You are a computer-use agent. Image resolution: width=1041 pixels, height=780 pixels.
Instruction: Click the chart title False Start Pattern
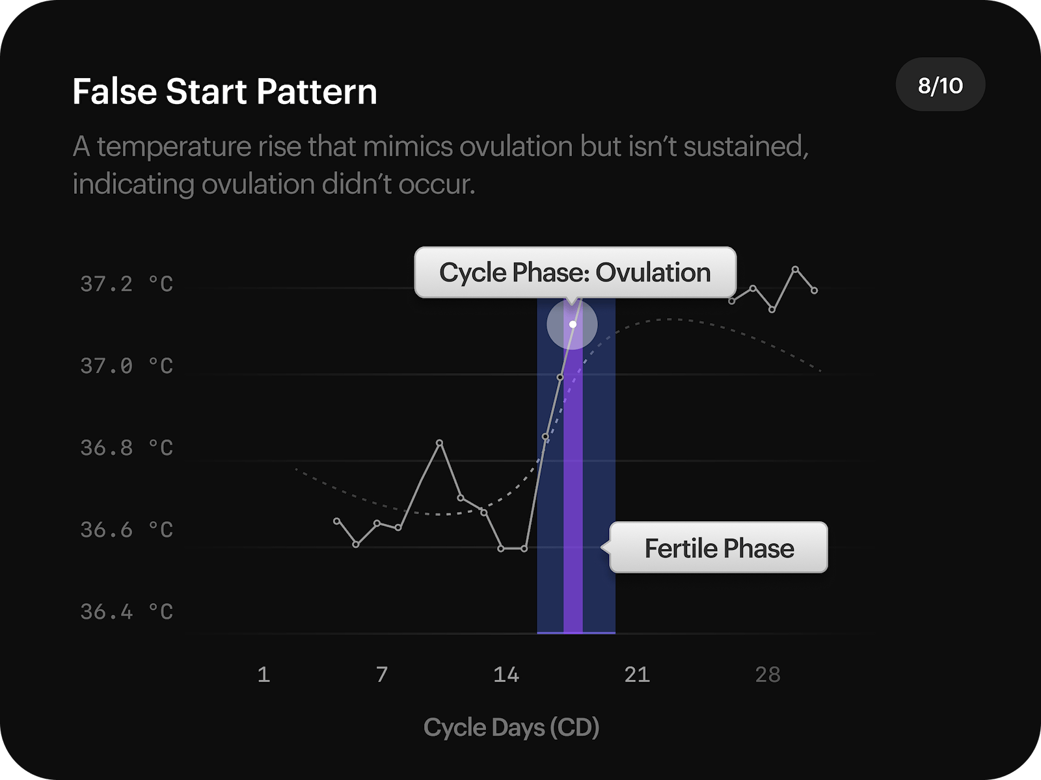point(224,92)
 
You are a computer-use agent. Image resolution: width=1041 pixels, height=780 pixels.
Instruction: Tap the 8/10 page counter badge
point(940,85)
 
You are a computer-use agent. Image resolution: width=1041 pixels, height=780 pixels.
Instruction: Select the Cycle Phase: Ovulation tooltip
point(575,272)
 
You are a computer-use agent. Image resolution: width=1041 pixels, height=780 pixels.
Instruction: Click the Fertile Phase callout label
point(719,548)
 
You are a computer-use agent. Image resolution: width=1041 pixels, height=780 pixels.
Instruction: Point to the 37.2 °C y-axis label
point(127,284)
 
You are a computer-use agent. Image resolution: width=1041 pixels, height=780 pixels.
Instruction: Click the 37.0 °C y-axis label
point(127,366)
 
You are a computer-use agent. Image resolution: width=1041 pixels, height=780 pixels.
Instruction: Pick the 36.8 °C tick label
point(127,448)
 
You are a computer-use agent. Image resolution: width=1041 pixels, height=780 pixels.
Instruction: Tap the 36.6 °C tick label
point(127,530)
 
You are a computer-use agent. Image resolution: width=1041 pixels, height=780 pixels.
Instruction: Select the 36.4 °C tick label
point(127,612)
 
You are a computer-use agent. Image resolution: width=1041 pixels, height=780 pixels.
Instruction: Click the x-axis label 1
point(264,675)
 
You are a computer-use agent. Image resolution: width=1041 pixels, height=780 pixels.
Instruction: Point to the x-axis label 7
point(382,675)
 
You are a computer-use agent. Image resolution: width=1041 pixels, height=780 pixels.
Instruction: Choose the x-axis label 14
point(506,675)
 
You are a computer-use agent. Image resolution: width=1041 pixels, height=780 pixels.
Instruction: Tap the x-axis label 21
point(637,675)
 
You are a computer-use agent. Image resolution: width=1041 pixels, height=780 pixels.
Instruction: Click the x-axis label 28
point(768,675)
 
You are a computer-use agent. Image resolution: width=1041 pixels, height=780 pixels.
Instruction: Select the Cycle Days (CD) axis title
point(511,727)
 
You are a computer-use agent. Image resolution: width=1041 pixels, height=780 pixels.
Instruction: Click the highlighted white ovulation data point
point(573,324)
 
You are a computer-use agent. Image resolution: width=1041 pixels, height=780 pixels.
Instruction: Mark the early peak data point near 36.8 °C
point(440,443)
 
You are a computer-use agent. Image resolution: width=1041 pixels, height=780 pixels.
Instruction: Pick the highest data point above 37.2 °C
point(795,268)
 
